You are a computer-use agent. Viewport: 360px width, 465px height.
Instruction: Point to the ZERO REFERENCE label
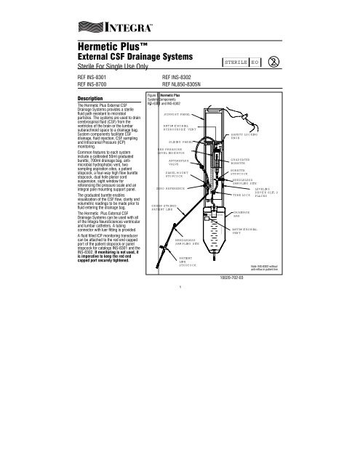pos(175,209)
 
